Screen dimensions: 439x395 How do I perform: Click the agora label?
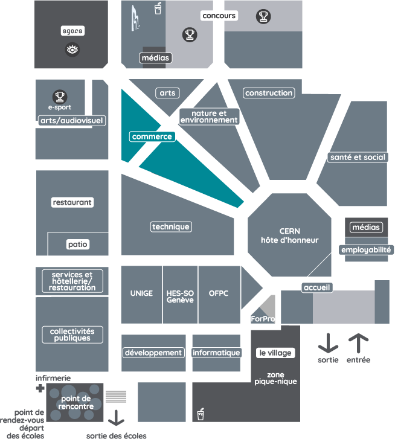[x=72, y=30]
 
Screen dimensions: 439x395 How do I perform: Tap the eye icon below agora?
[x=72, y=50]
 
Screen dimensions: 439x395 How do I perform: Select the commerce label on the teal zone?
[x=152, y=136]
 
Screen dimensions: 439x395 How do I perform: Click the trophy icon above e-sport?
[x=59, y=96]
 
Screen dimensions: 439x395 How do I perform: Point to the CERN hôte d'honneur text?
[x=289, y=236]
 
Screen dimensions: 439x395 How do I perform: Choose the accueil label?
[x=317, y=287]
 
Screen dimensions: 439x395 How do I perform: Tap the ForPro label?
[x=262, y=318]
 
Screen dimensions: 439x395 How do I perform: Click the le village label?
[x=275, y=353]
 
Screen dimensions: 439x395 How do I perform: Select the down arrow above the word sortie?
[x=328, y=343]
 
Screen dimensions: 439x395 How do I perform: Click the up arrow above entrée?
[x=358, y=343]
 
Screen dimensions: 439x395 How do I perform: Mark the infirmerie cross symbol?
[x=40, y=388]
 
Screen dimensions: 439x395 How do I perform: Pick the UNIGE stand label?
[x=141, y=294]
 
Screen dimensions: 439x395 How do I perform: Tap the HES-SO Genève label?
[x=180, y=296]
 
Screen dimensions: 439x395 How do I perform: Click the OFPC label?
[x=218, y=294]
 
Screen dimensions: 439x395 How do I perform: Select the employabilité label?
[x=366, y=249]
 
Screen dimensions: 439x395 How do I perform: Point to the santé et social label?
[x=358, y=157]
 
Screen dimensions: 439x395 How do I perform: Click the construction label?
[x=269, y=93]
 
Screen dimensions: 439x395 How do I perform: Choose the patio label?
[x=77, y=245]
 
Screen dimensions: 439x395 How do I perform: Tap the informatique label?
[x=216, y=353]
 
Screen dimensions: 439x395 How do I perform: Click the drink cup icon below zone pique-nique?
[x=201, y=414]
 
